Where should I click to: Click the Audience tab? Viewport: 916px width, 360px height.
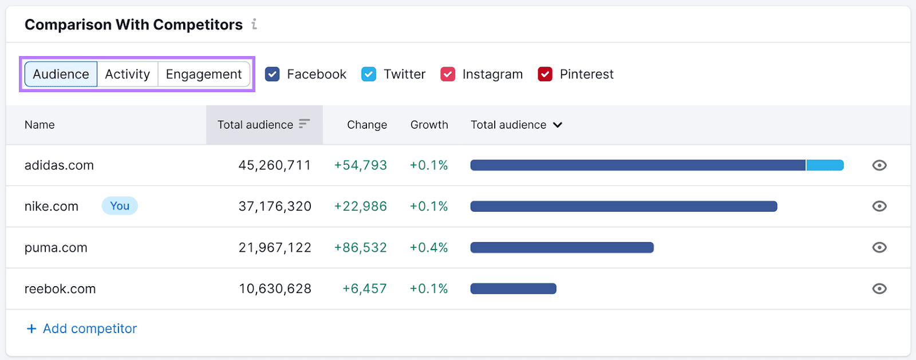pos(61,74)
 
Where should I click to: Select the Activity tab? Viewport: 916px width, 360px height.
pos(127,74)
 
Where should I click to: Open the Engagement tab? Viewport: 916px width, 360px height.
pos(204,74)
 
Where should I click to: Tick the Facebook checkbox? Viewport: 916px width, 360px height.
pos(273,74)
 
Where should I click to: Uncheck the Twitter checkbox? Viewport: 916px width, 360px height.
pos(369,74)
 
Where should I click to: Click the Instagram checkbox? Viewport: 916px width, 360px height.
pos(448,74)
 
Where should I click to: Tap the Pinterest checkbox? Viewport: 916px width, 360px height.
pos(545,74)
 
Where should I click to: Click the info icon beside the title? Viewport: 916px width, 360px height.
pos(254,25)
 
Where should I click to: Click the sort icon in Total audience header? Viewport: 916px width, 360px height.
pos(304,124)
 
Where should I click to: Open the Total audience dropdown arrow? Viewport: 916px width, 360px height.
pos(558,125)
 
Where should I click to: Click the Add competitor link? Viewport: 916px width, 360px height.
pos(82,329)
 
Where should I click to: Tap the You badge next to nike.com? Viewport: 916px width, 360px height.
pos(120,206)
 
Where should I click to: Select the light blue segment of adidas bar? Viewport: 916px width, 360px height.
pos(824,165)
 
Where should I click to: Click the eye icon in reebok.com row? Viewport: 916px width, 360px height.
pos(879,289)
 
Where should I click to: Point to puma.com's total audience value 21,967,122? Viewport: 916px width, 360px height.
pos(275,248)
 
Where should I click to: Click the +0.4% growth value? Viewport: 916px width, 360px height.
pos(429,248)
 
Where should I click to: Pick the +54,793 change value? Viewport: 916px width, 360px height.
pos(361,165)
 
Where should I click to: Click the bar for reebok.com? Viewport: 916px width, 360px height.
pos(513,289)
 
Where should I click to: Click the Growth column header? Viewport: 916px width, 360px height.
pos(429,125)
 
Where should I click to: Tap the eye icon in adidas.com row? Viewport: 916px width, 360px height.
pos(879,165)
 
